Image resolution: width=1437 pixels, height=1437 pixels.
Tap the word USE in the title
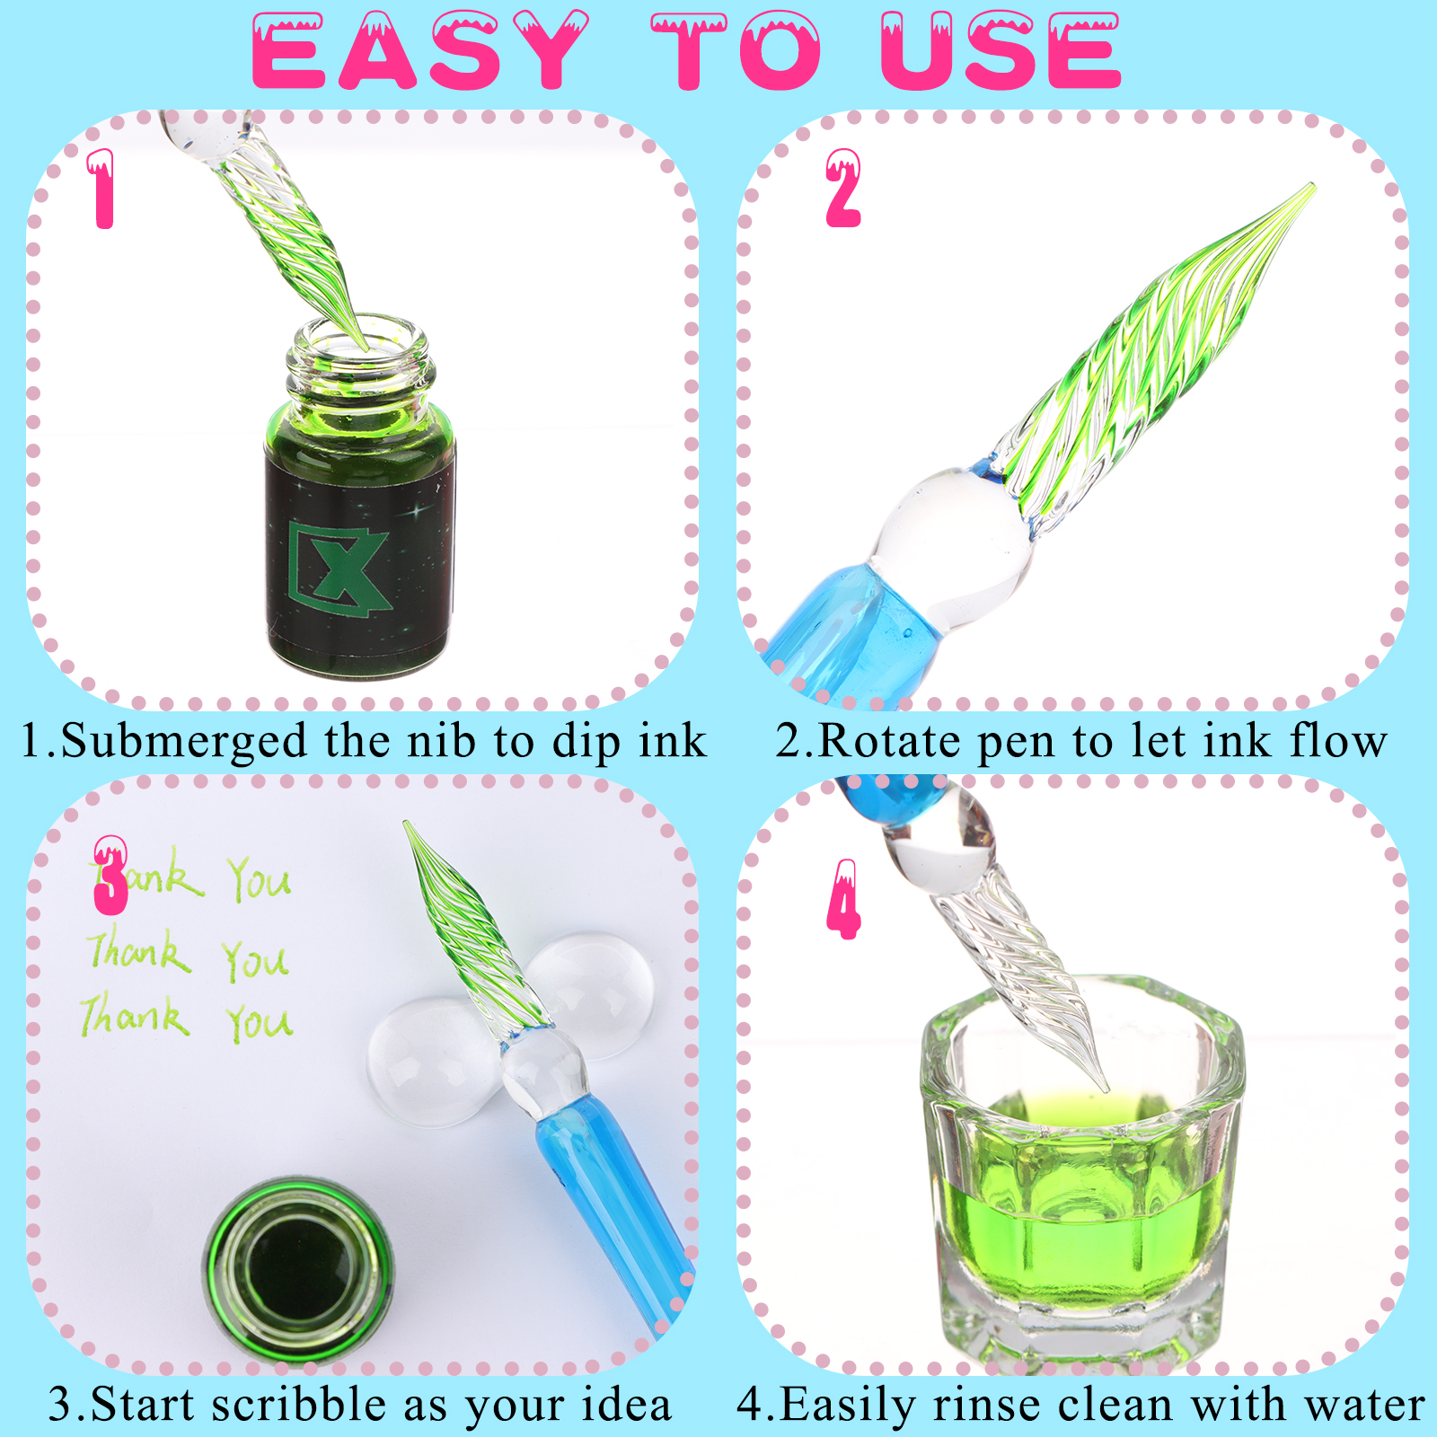pyautogui.click(x=1001, y=51)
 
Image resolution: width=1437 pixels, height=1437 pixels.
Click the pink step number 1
pyautogui.click(x=102, y=189)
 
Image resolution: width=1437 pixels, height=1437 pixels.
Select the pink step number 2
pyautogui.click(x=843, y=188)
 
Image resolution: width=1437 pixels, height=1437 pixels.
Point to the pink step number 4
pyautogui.click(x=843, y=899)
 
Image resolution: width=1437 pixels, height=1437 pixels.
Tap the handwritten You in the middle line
pyautogui.click(x=256, y=960)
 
